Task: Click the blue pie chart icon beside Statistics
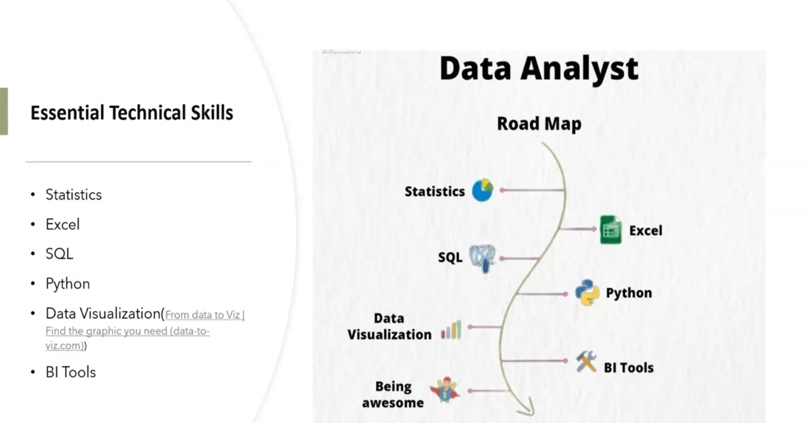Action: point(483,190)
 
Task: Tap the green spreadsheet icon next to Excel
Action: point(611,230)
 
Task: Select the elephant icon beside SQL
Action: point(482,258)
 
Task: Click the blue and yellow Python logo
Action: point(587,292)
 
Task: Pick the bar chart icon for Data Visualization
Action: point(451,329)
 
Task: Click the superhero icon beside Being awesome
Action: point(445,390)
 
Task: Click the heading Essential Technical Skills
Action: point(132,113)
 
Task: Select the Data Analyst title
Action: point(539,69)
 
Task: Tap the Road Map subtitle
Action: point(539,124)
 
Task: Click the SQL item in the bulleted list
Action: point(60,254)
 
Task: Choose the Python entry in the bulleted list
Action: point(68,284)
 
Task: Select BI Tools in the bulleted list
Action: point(71,372)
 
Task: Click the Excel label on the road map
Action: point(646,231)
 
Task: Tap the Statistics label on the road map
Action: point(435,191)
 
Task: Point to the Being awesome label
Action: point(393,395)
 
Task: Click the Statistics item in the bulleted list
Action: point(73,195)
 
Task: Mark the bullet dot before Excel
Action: point(33,225)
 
